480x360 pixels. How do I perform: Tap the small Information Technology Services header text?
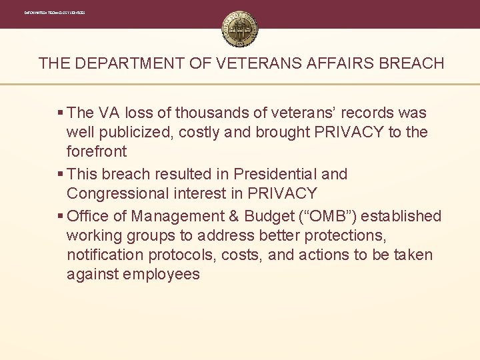click(54, 13)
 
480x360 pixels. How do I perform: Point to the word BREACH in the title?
click(411, 64)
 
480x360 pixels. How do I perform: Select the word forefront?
click(97, 152)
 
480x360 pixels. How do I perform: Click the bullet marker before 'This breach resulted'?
click(61, 175)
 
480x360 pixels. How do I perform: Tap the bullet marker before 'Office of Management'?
click(61, 217)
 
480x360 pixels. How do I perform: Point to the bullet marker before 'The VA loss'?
click(61, 113)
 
